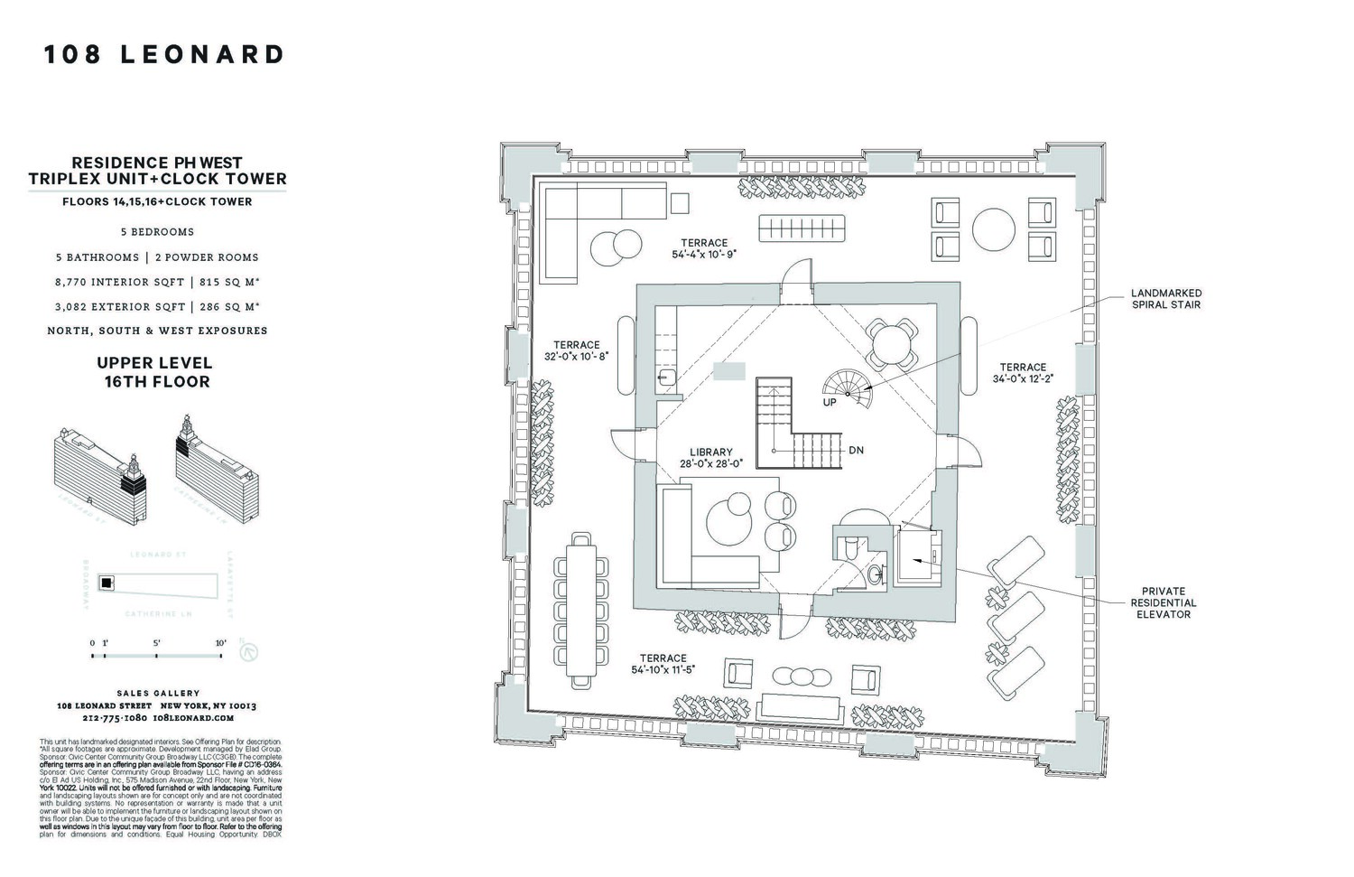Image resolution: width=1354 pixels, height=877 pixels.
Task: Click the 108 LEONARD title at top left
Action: pos(164,55)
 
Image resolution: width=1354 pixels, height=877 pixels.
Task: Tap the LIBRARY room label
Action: pos(710,452)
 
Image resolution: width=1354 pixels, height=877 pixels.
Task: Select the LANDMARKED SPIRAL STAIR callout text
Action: pos(1166,299)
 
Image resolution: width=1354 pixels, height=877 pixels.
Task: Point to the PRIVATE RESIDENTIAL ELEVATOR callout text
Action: pos(1164,602)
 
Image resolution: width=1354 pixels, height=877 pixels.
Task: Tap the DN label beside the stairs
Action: pos(856,450)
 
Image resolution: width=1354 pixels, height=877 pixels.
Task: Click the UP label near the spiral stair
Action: pos(829,403)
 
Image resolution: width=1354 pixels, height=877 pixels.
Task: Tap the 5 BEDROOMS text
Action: pos(157,232)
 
